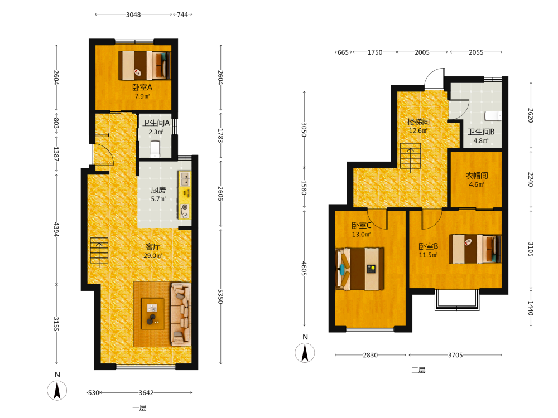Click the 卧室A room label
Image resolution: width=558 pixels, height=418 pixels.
click(142, 87)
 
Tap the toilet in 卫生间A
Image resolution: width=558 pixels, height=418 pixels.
click(155, 149)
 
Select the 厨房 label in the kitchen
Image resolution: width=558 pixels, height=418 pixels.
click(158, 190)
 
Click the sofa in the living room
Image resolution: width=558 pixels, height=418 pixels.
click(181, 314)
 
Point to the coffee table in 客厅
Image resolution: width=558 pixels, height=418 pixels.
click(153, 314)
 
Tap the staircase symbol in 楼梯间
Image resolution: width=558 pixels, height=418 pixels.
click(410, 156)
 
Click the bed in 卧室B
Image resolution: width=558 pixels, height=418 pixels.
click(475, 249)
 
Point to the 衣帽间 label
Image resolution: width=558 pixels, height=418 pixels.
click(477, 176)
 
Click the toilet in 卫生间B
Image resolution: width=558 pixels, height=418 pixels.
click(493, 116)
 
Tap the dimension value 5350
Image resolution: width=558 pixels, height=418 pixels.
click(220, 296)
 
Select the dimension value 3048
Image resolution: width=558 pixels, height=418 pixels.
click(133, 14)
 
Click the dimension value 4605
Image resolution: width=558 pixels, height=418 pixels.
click(304, 268)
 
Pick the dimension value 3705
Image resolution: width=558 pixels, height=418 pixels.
click(455, 354)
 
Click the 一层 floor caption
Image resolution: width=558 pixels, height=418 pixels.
click(139, 408)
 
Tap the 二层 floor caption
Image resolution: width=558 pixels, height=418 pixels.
click(419, 370)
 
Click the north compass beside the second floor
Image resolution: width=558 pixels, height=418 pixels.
click(305, 353)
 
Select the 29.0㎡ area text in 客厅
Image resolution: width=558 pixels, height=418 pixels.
click(153, 256)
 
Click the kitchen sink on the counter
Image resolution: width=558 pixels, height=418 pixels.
click(185, 179)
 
